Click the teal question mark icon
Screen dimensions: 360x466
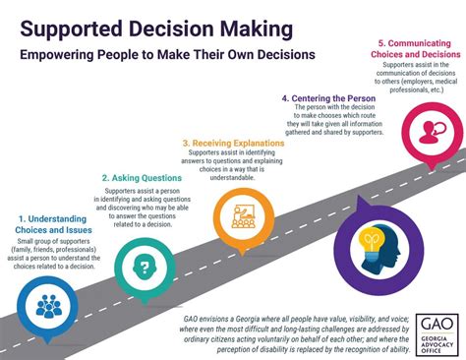[144, 266]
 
